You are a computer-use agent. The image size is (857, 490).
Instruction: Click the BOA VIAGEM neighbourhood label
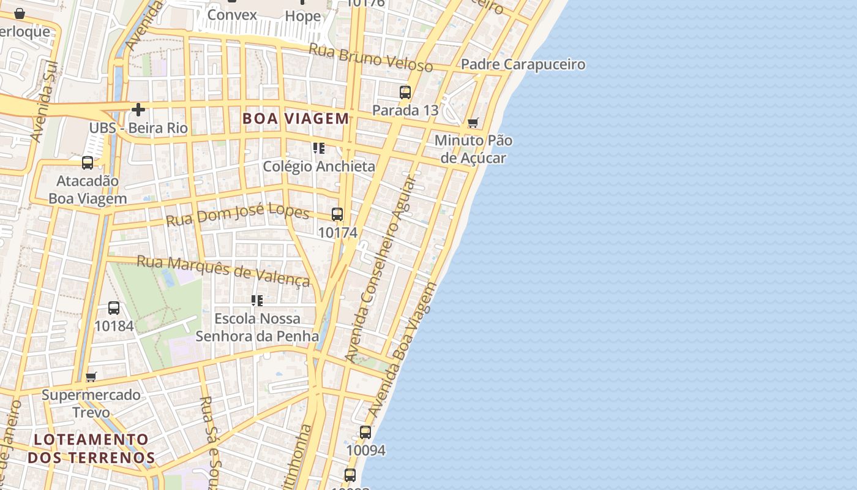click(296, 118)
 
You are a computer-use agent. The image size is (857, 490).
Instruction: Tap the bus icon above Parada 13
click(405, 92)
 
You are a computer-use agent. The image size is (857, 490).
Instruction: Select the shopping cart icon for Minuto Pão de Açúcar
click(473, 123)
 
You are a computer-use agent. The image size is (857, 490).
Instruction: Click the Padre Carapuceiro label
click(523, 64)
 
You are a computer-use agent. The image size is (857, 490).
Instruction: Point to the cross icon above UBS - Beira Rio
click(138, 110)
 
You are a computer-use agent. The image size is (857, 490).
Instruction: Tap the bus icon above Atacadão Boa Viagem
click(88, 163)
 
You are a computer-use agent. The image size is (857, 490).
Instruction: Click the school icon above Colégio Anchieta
click(318, 148)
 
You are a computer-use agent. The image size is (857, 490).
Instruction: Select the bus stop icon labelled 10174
click(337, 214)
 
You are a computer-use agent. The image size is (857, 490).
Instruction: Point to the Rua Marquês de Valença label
click(223, 270)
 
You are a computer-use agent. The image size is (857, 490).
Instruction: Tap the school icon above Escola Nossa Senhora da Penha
click(257, 301)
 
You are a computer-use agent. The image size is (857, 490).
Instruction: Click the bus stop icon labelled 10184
click(114, 308)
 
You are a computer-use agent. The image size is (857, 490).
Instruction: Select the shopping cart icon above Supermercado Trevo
click(91, 377)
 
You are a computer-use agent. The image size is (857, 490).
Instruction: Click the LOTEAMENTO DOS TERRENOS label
click(91, 448)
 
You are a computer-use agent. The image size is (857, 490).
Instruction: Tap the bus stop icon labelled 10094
click(365, 432)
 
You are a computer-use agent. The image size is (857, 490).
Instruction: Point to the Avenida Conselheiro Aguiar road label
click(380, 269)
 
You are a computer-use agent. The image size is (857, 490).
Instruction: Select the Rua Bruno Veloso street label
click(371, 58)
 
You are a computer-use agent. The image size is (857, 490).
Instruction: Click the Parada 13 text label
click(405, 110)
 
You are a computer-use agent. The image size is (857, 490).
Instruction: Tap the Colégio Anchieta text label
click(319, 166)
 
